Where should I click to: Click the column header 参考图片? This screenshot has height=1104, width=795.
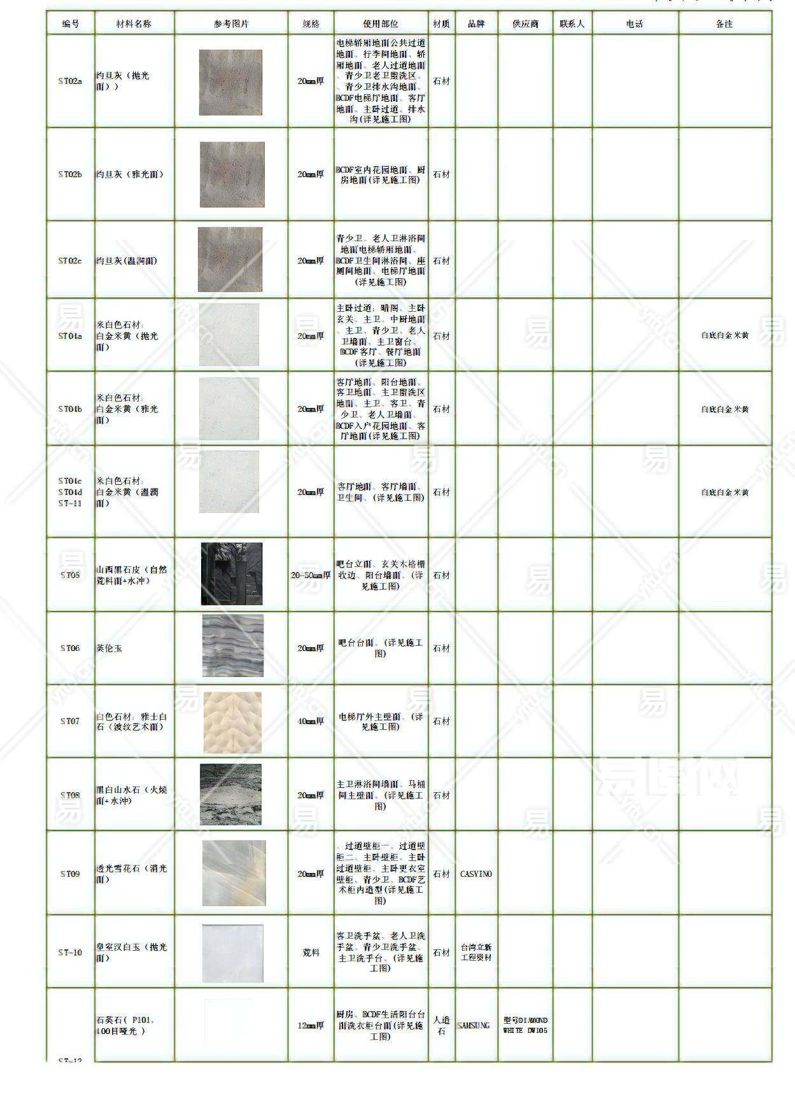pyautogui.click(x=231, y=24)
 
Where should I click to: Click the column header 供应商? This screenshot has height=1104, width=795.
pyautogui.click(x=525, y=24)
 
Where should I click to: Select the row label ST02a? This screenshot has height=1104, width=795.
pyautogui.click(x=70, y=81)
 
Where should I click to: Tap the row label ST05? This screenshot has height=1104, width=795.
pyautogui.click(x=70, y=575)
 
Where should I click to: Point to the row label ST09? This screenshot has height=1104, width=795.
pyautogui.click(x=70, y=874)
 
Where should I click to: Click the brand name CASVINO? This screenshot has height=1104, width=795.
pyautogui.click(x=475, y=874)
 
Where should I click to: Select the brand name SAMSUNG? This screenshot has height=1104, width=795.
pyautogui.click(x=474, y=1025)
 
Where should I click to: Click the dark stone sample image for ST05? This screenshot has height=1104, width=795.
pyautogui.click(x=232, y=574)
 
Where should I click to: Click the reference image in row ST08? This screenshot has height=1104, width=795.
pyautogui.click(x=231, y=795)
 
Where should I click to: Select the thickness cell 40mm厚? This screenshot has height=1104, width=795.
pyautogui.click(x=311, y=721)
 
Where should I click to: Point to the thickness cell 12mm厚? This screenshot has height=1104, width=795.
pyautogui.click(x=311, y=1025)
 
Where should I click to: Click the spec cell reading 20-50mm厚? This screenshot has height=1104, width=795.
pyautogui.click(x=311, y=575)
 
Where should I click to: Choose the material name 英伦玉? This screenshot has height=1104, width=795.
pyautogui.click(x=109, y=648)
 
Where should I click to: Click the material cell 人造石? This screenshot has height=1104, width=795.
pyautogui.click(x=441, y=1025)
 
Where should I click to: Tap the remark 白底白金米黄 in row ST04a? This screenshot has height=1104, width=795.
pyautogui.click(x=724, y=335)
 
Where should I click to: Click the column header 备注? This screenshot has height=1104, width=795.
pyautogui.click(x=724, y=24)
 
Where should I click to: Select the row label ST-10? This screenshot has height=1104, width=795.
pyautogui.click(x=70, y=953)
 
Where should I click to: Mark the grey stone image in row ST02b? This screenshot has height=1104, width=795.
pyautogui.click(x=232, y=174)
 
